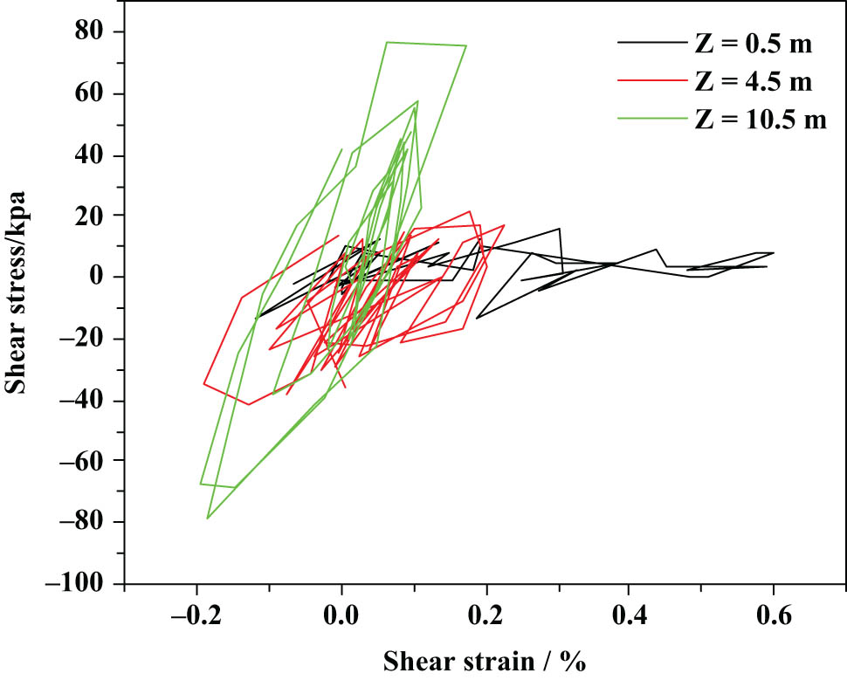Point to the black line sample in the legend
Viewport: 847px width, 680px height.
650,42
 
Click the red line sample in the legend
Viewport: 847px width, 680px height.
650,81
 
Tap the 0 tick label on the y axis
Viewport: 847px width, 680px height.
104,277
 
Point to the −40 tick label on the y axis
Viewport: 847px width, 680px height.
89,401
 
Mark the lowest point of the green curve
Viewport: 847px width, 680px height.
207,519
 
